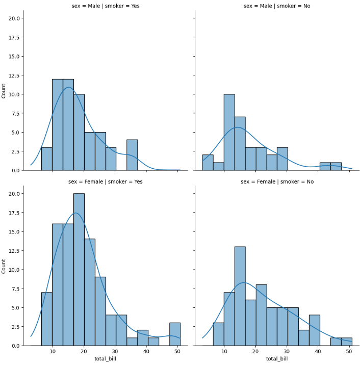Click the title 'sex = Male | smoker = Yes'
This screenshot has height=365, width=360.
click(106, 6)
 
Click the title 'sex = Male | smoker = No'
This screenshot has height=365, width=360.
click(277, 6)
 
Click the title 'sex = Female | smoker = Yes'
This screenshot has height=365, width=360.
click(106, 181)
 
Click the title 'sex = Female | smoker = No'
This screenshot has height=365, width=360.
click(277, 181)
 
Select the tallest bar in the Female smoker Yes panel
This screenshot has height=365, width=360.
click(79, 270)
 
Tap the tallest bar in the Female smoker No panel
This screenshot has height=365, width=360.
click(240, 296)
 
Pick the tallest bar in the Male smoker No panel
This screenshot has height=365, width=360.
click(229, 132)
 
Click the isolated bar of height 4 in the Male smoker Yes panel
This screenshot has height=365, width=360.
click(132, 155)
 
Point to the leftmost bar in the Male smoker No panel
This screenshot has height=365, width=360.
click(208, 163)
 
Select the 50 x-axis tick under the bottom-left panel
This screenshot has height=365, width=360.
click(177, 352)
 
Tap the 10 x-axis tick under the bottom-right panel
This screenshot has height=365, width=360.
click(224, 352)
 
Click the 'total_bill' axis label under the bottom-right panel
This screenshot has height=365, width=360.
click(277, 359)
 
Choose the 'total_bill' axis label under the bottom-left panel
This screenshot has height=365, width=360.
click(106, 359)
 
